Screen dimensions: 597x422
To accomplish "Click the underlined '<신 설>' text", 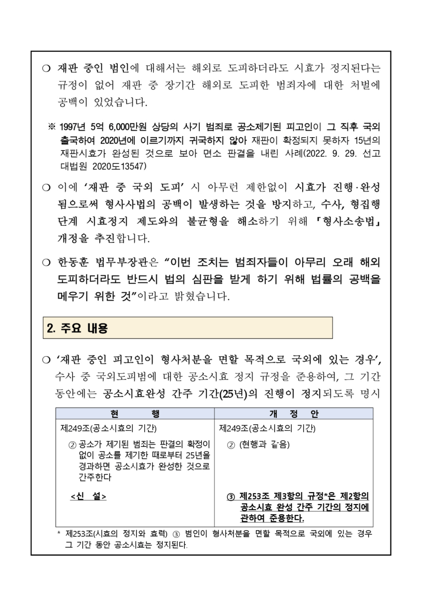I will (88, 497).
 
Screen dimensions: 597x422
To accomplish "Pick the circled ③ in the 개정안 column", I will (230, 497).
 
